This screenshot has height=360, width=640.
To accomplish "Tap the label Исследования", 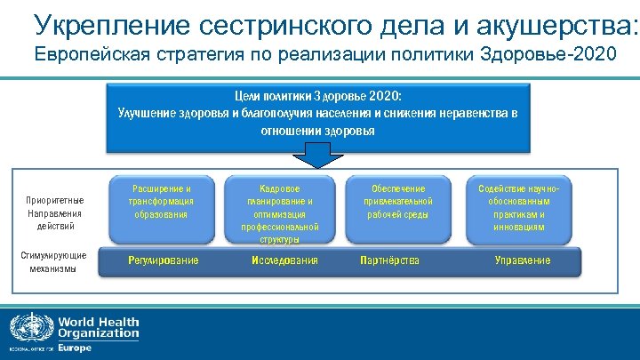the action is tap(284, 260).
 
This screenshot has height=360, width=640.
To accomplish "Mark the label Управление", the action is tap(523, 260).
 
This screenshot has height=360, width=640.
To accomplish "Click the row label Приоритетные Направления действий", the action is tap(54, 212).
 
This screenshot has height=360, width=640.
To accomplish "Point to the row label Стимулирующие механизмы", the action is tap(53, 261).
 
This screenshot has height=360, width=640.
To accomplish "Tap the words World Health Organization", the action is tap(98, 327).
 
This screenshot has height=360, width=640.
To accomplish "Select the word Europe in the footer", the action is tap(75, 348).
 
